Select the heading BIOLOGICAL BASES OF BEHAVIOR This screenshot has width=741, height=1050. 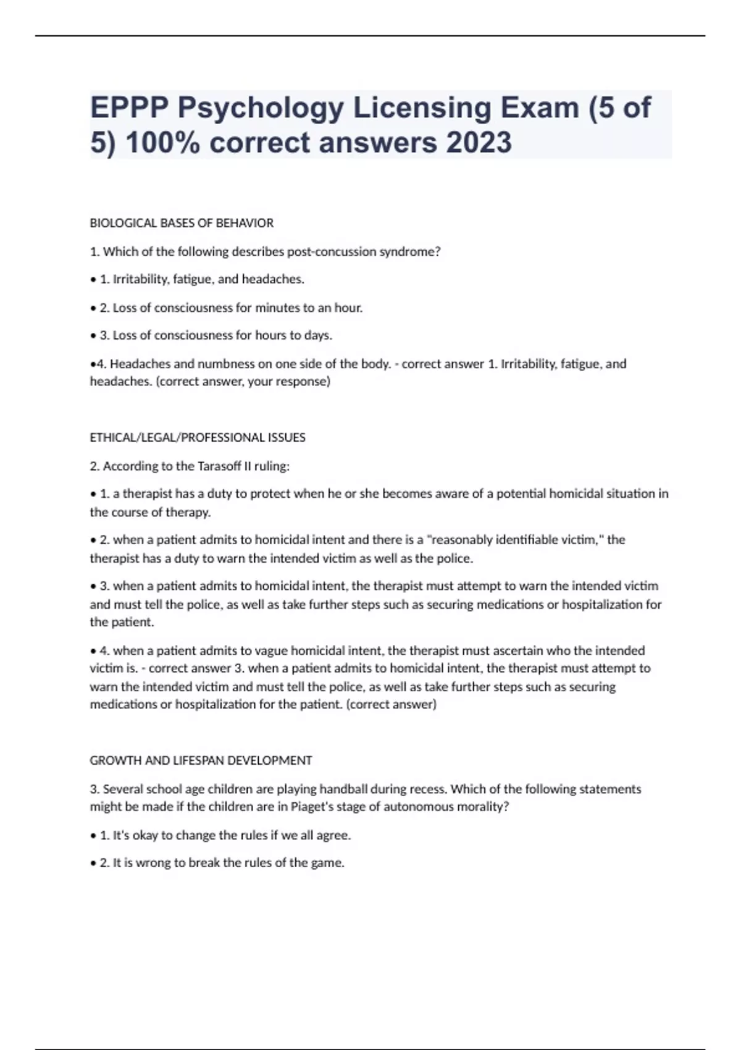(x=182, y=223)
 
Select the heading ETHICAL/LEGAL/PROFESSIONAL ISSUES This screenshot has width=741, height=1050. (x=198, y=438)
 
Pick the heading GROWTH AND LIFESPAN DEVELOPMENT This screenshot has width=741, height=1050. (x=201, y=761)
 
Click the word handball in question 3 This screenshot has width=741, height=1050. (x=344, y=789)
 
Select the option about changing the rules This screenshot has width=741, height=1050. (x=225, y=836)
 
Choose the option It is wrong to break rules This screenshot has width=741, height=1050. (x=222, y=863)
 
